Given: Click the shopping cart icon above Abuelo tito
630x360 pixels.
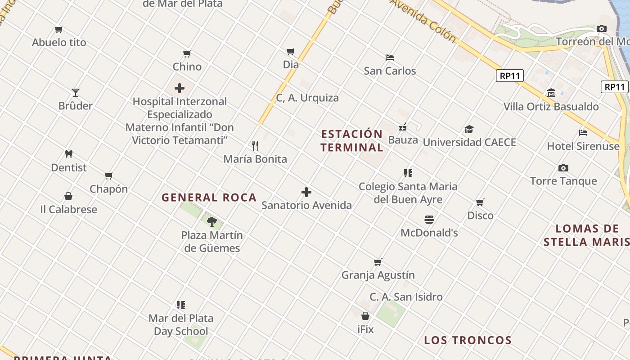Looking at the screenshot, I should click(58, 30).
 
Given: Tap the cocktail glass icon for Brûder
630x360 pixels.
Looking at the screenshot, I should click(76, 93).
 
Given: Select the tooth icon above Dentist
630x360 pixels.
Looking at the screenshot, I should click(68, 154).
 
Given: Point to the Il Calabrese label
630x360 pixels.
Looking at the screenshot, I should click(68, 209).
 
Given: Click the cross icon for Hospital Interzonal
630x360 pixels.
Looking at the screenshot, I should click(180, 88).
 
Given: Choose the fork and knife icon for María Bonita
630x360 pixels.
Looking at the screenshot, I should click(255, 145).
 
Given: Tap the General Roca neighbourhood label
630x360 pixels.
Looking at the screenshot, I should click(209, 197).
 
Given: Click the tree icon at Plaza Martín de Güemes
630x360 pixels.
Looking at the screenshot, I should click(212, 221).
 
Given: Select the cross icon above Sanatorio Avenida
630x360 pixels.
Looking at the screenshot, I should click(306, 192).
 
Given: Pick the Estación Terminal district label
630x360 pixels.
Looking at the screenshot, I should click(352, 140).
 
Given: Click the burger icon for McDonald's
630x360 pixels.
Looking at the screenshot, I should click(429, 220).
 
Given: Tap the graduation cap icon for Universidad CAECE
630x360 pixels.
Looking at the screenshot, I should click(469, 129).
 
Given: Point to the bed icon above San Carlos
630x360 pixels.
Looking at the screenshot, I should click(390, 58).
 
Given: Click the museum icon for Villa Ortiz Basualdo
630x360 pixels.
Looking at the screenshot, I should click(551, 93).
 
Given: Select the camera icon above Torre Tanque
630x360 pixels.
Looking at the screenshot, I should click(563, 168).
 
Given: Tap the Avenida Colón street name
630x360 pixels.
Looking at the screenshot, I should click(423, 20).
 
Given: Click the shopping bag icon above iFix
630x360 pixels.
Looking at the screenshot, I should click(365, 316).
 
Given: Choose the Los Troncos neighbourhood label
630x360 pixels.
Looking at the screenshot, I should click(468, 340).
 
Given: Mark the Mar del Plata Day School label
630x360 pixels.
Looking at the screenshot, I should click(181, 324).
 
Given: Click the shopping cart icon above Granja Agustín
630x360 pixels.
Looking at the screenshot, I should click(378, 262).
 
